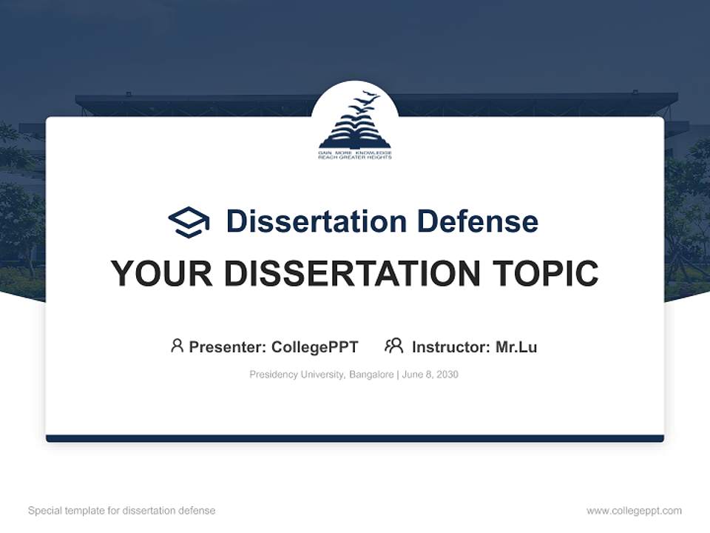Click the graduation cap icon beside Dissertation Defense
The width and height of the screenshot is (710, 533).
[189, 222]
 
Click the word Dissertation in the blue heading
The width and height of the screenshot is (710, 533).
[316, 221]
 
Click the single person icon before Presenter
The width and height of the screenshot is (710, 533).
[177, 346]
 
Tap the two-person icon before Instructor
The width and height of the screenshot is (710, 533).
[393, 346]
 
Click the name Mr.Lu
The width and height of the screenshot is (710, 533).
[516, 347]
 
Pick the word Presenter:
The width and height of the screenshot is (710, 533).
[228, 347]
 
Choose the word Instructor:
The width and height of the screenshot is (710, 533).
[450, 347]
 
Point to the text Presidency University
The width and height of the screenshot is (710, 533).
[296, 375]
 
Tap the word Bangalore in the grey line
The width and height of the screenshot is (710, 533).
[372, 375]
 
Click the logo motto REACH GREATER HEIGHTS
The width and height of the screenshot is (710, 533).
[354, 158]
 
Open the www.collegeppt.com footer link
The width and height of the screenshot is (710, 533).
[634, 511]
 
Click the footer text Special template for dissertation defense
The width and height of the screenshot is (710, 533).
[121, 511]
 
